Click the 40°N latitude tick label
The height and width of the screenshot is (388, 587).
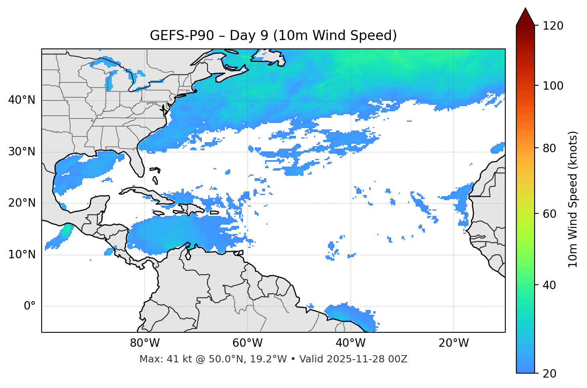[x=22, y=100]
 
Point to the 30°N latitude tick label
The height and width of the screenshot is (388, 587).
[x=22, y=152]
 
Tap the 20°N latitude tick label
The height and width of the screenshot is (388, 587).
[x=22, y=203]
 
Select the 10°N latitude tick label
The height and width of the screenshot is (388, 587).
[x=22, y=255]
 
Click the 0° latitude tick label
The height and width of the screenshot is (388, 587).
[x=30, y=306]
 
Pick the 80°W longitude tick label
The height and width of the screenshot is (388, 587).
[x=145, y=343]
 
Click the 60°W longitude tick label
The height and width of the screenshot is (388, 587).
[x=247, y=343]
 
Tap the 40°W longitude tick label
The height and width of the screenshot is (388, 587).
[x=351, y=343]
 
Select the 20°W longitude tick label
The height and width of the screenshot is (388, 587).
[x=454, y=343]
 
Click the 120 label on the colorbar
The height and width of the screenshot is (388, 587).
[x=553, y=26]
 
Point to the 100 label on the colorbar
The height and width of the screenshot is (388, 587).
[x=553, y=86]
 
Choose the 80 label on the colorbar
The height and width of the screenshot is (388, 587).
[x=550, y=148]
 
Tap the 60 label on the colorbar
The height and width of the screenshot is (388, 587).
[x=550, y=214]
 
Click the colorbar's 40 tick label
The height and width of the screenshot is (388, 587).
[x=550, y=285]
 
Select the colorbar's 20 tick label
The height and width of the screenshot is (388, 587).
[x=550, y=374]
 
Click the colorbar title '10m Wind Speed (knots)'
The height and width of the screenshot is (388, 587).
[x=573, y=199]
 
